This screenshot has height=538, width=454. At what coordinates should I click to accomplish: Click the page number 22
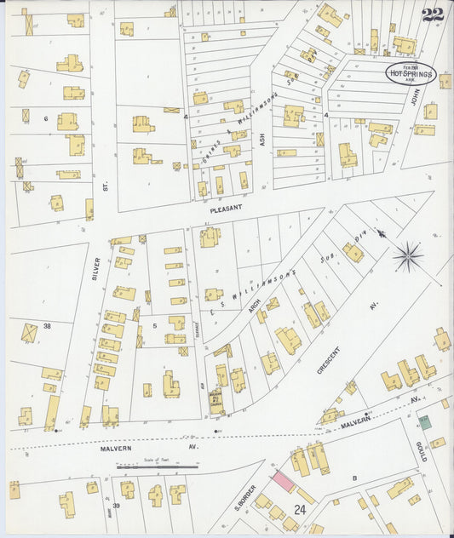pos(432,14)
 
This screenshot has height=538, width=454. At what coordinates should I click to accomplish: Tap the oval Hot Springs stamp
pos(411,74)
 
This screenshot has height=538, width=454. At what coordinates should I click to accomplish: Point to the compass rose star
pos(408,255)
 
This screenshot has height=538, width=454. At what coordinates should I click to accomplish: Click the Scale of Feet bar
pos(157,466)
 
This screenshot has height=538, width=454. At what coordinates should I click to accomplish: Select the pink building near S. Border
pos(282,481)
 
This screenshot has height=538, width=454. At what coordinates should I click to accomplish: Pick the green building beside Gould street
pos(423,421)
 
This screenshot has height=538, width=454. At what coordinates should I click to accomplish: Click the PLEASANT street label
pos(227,207)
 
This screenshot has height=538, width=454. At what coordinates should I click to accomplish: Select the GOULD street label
pos(422,452)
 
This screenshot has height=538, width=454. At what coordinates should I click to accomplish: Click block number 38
pos(48,326)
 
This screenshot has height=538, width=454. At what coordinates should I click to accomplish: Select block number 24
pos(300,509)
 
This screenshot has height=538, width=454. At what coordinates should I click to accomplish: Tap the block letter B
pos(354,478)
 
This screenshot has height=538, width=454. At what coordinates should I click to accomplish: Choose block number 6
pos(46,118)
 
